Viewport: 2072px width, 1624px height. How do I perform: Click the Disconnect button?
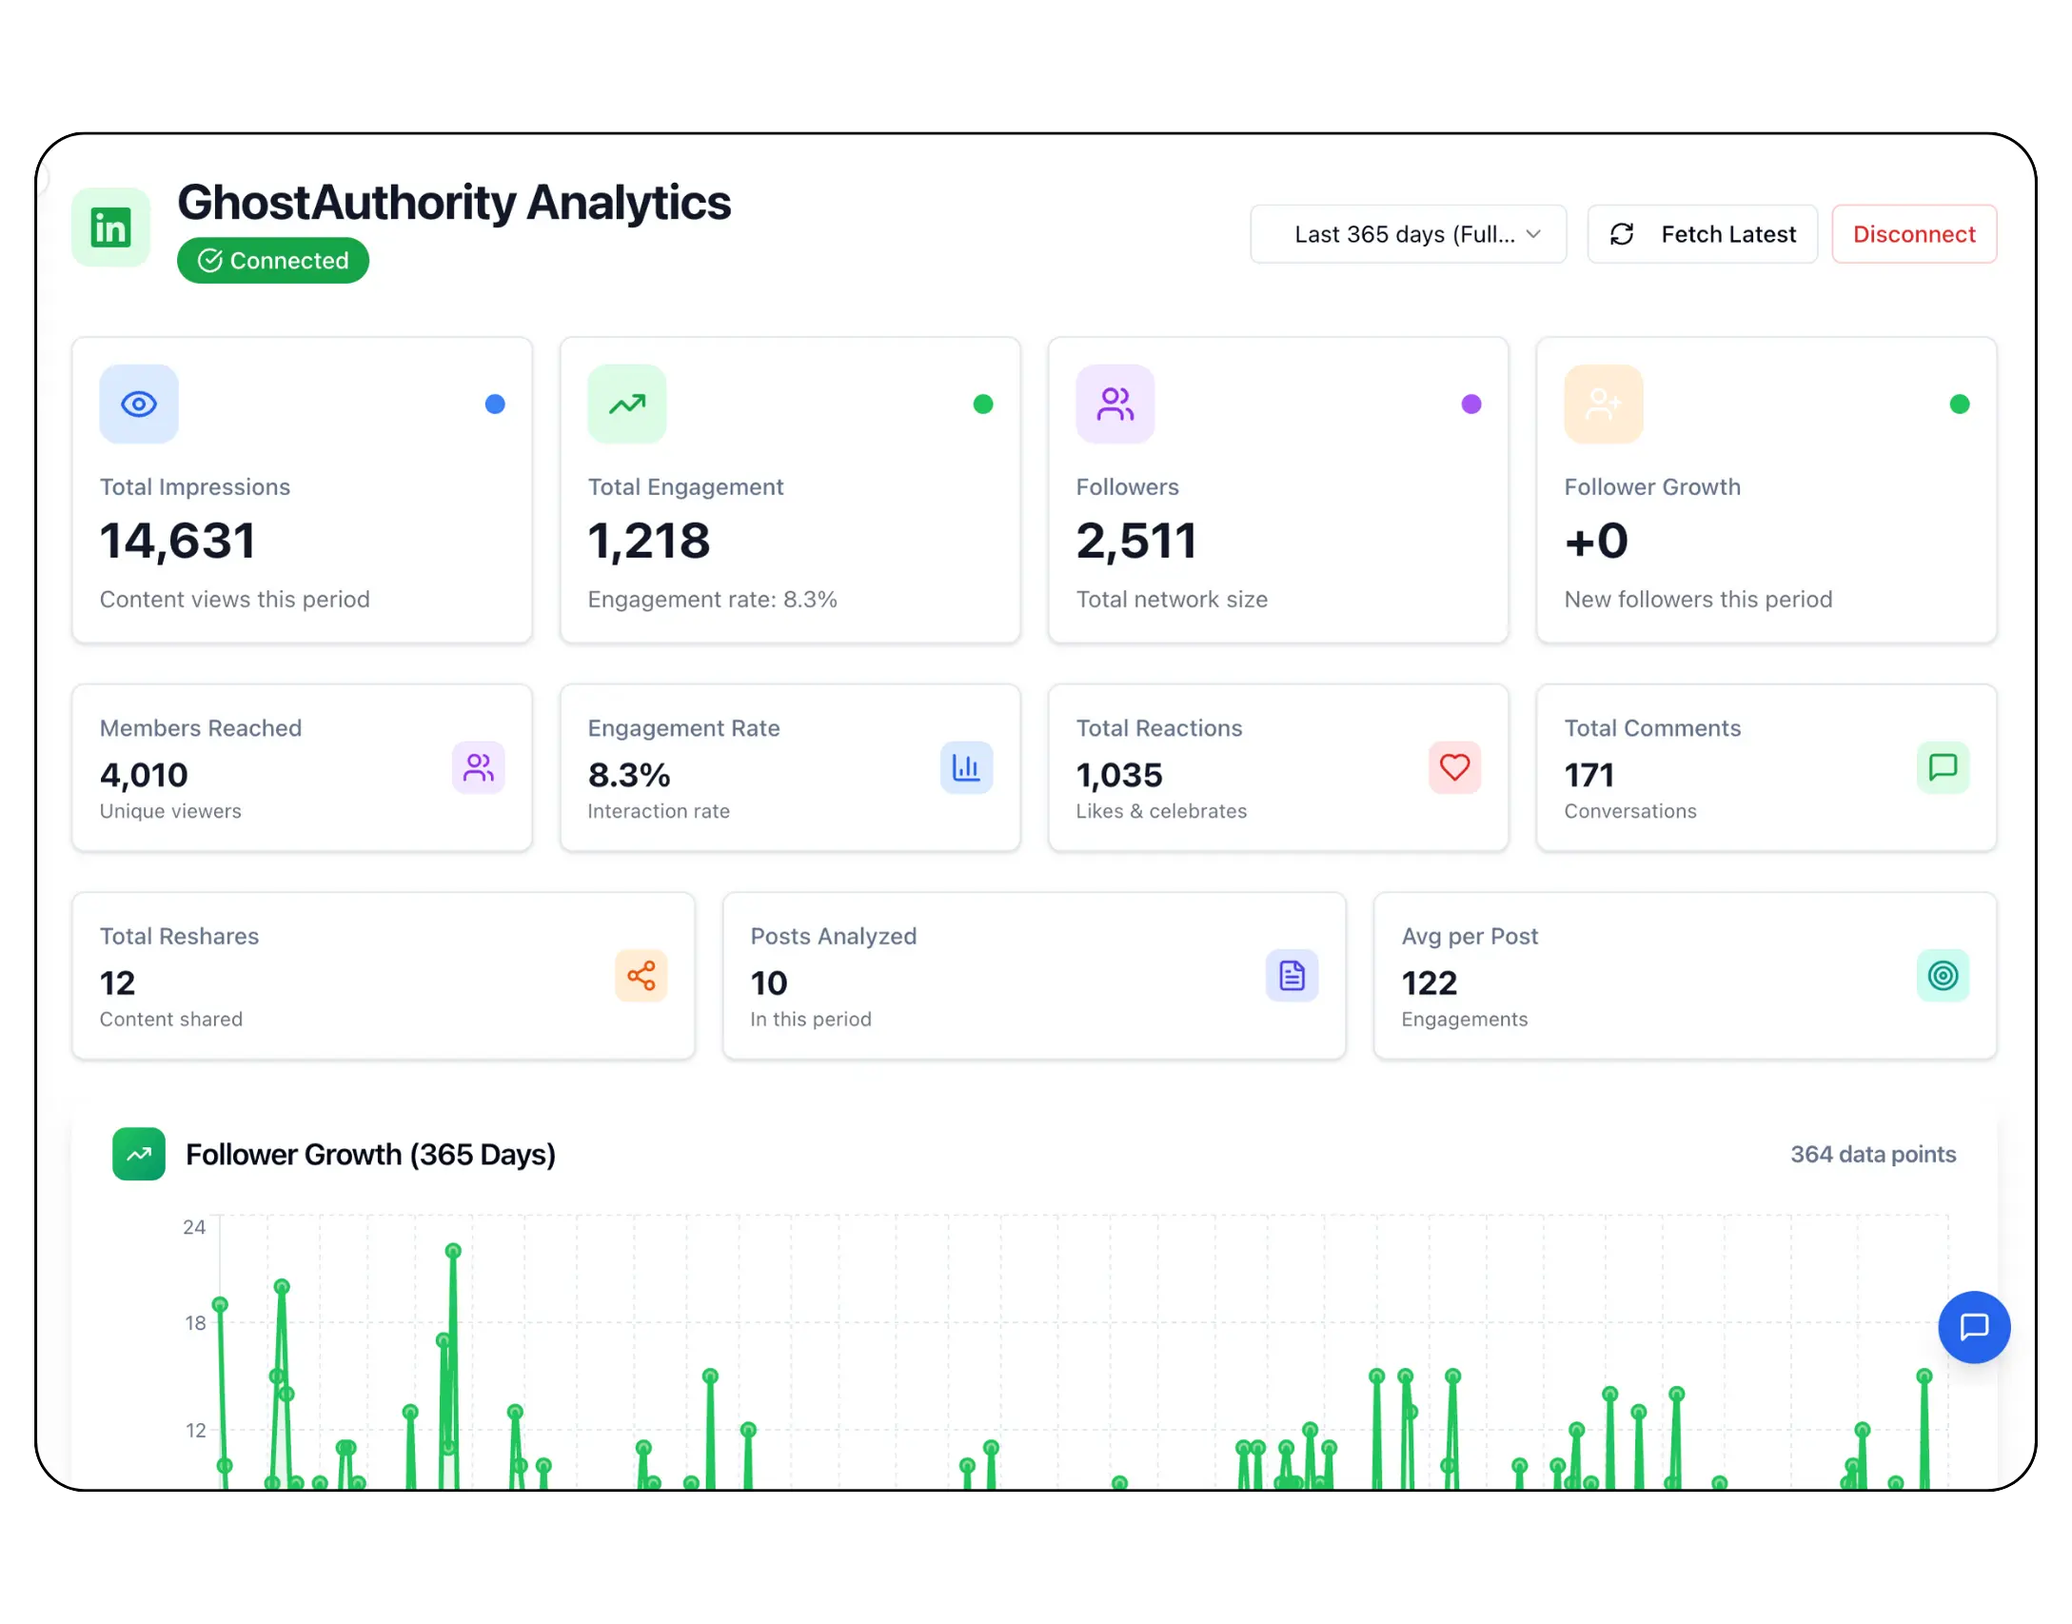(x=1913, y=234)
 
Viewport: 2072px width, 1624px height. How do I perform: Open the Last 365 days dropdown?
(x=1408, y=234)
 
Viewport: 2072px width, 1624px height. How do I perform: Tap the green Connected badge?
(x=273, y=261)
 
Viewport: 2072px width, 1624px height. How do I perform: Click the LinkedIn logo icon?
(x=110, y=228)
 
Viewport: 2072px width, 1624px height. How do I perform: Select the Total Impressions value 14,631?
(x=178, y=541)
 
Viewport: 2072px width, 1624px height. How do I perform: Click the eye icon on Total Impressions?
(x=139, y=405)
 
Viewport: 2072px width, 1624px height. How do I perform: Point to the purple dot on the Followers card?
(x=1470, y=405)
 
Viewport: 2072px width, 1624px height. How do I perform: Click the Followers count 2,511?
(x=1135, y=541)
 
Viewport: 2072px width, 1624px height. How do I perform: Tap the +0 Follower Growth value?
(x=1596, y=541)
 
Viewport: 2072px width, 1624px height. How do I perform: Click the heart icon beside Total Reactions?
(x=1453, y=767)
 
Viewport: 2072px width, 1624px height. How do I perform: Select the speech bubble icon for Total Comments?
(x=1942, y=767)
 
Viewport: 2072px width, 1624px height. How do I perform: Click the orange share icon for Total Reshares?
(x=641, y=976)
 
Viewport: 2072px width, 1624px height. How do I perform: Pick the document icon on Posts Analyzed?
(x=1292, y=976)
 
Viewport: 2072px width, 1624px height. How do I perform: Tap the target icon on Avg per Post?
(x=1942, y=976)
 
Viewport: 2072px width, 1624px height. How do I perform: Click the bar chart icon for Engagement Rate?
(x=966, y=767)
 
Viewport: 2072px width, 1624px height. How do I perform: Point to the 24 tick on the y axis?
(x=194, y=1227)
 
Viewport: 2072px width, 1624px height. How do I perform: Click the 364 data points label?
(x=1872, y=1155)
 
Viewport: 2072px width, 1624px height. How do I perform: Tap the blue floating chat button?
(x=1973, y=1327)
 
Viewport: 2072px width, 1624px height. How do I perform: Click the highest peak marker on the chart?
(x=453, y=1251)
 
